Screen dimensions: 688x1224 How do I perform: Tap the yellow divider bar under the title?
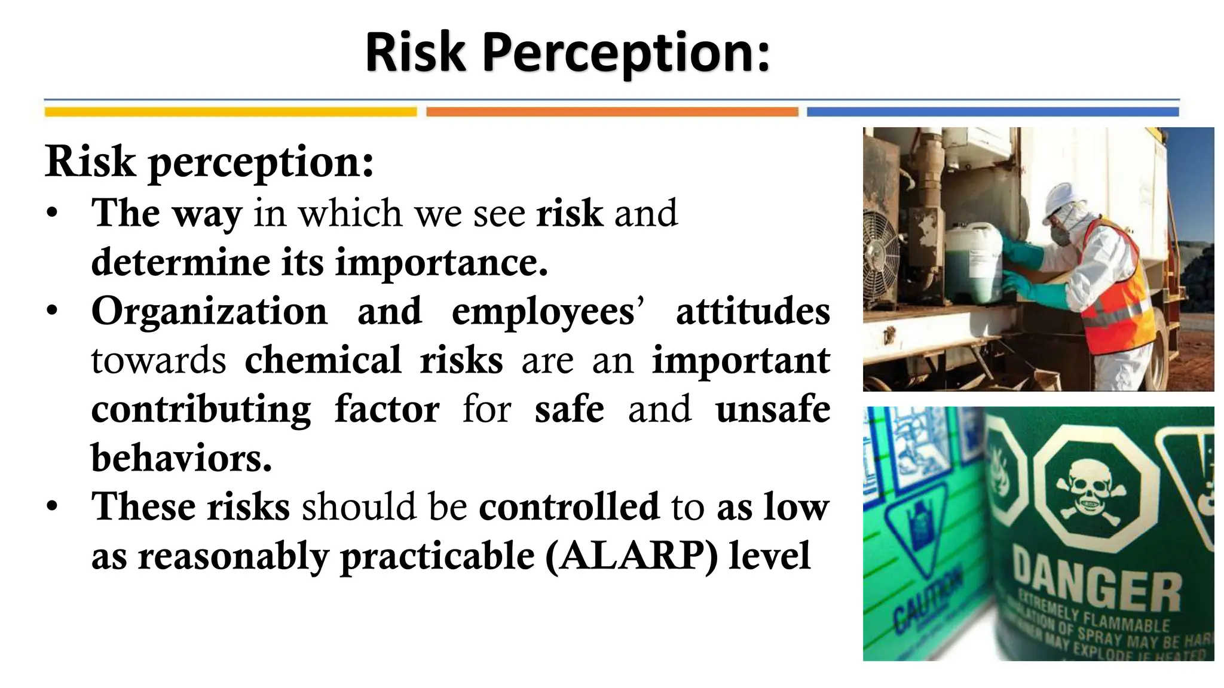point(230,112)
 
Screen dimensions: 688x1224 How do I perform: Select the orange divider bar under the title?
point(612,112)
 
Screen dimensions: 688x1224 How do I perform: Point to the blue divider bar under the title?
point(993,112)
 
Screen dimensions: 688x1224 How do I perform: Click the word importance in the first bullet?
point(441,263)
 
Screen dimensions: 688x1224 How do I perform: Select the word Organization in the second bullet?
point(209,312)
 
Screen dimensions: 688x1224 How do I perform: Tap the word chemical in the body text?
point(323,361)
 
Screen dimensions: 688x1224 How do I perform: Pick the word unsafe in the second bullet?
point(773,410)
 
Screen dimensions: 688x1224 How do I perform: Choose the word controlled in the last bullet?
point(568,507)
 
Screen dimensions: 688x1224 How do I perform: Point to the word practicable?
point(437,557)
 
